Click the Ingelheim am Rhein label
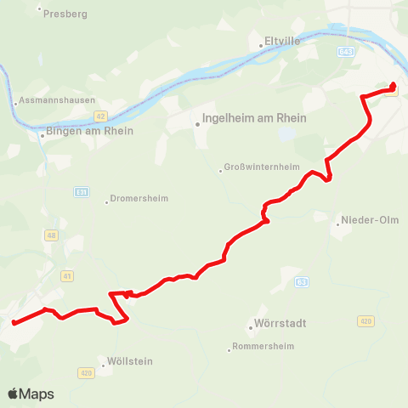pyautogui.click(x=254, y=119)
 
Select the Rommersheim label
pyautogui.click(x=263, y=347)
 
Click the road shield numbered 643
pyautogui.click(x=344, y=52)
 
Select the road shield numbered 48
pyautogui.click(x=51, y=235)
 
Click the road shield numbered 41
pyautogui.click(x=68, y=275)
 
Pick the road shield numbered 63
pyautogui.click(x=301, y=281)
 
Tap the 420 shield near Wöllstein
pyautogui.click(x=85, y=372)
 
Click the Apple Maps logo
pyautogui.click(x=31, y=394)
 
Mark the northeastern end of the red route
pyautogui.click(x=394, y=84)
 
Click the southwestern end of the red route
pyautogui.click(x=14, y=322)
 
